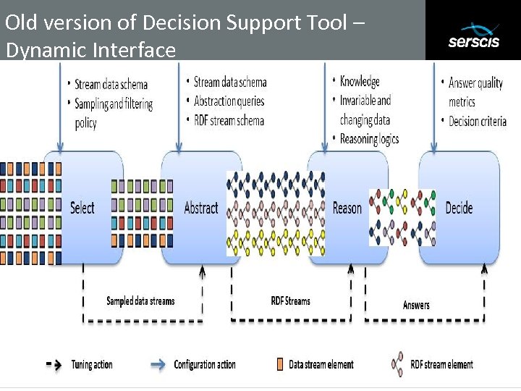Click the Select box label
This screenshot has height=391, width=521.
(x=82, y=208)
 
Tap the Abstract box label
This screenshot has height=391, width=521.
(x=200, y=208)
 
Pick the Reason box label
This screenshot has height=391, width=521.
(x=347, y=208)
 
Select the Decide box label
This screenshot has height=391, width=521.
(x=459, y=208)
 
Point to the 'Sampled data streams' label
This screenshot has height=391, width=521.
(x=140, y=300)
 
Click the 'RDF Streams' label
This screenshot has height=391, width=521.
(x=290, y=300)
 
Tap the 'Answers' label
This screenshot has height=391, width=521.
(x=416, y=305)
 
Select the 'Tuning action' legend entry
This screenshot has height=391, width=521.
(x=92, y=364)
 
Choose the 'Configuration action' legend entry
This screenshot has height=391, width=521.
(x=205, y=364)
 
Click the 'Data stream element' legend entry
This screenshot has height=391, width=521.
(x=321, y=364)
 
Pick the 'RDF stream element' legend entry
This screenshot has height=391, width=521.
(x=441, y=364)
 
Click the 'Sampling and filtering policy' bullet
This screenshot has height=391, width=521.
(x=113, y=113)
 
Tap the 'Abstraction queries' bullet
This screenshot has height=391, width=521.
(x=229, y=101)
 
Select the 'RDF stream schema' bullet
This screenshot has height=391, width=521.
(x=229, y=120)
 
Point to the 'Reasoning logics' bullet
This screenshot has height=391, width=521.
(x=369, y=138)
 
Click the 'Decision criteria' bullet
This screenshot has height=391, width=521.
(x=477, y=121)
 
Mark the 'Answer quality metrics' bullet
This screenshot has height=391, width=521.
(x=475, y=92)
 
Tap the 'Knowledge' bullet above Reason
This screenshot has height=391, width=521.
(x=360, y=81)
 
